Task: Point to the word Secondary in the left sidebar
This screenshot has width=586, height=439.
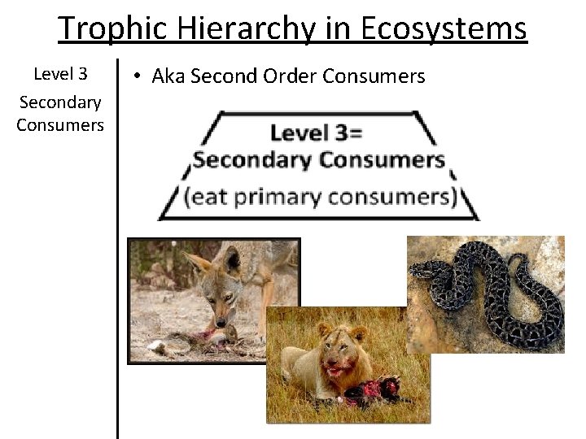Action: [59, 102]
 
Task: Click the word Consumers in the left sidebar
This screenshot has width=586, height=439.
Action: [59, 124]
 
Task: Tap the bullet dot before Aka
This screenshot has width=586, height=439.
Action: [139, 76]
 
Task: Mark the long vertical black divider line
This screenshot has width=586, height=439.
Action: [118, 244]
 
